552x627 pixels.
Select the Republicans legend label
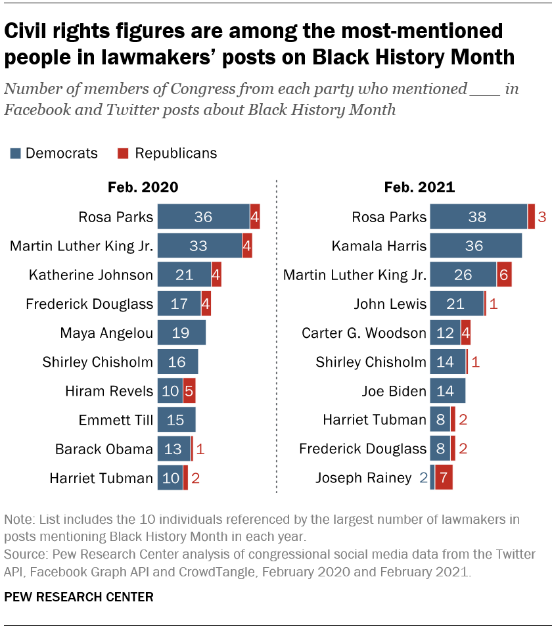pos(175,153)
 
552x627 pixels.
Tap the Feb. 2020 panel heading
pos(143,187)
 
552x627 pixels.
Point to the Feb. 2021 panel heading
pos(419,187)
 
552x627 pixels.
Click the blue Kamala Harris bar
pos(476,246)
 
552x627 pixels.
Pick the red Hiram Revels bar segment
pos(189,391)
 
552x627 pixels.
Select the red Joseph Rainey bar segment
pos(444,478)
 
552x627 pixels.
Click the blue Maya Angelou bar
pos(181,333)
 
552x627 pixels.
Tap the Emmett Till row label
pos(116,420)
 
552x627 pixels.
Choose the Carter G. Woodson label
pos(363,333)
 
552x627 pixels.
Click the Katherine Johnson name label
pos(91,275)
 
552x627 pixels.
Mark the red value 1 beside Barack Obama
pos(201,449)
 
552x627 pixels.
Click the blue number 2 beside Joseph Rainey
pos(423,478)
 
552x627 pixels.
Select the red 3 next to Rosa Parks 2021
pos(542,218)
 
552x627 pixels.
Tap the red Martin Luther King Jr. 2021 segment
pos(504,275)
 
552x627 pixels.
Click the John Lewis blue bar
pos(457,304)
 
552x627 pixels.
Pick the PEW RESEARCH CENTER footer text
pos(79,597)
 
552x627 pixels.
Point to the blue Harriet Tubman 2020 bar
pos(170,478)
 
